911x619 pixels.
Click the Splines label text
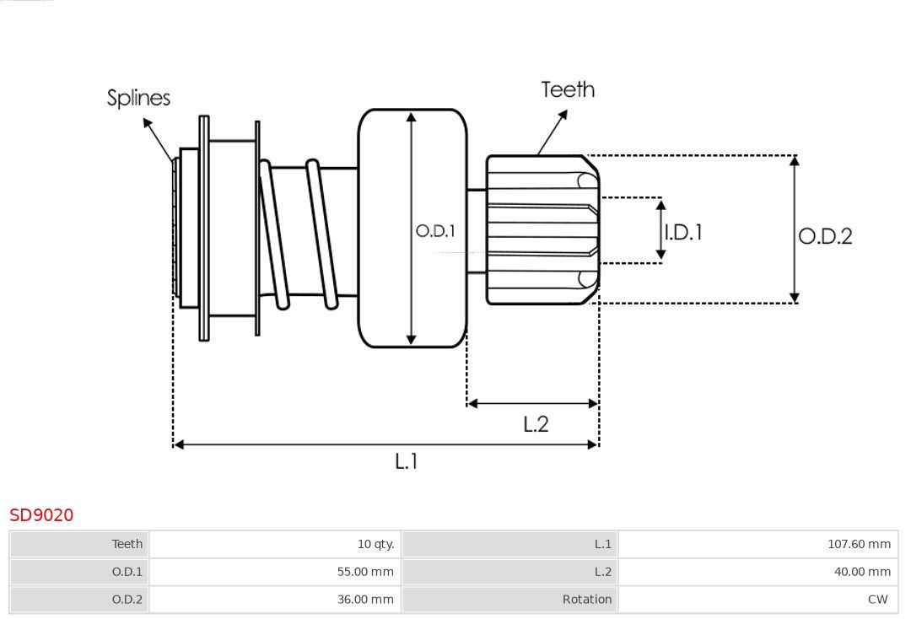click(x=138, y=98)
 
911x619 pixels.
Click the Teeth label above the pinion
click(x=568, y=89)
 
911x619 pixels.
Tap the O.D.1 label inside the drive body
click(x=435, y=231)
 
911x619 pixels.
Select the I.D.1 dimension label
click(x=683, y=232)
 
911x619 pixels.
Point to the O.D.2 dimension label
click(x=825, y=236)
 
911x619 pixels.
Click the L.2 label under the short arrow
click(x=536, y=424)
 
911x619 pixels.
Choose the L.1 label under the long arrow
click(x=406, y=461)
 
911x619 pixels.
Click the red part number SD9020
click(x=41, y=515)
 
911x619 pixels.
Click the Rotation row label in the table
click(x=587, y=600)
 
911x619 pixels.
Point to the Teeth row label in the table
click(x=127, y=544)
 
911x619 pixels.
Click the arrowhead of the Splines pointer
click(x=147, y=123)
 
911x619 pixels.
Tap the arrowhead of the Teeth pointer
click(x=563, y=115)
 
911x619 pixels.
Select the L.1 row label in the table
click(x=602, y=544)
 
